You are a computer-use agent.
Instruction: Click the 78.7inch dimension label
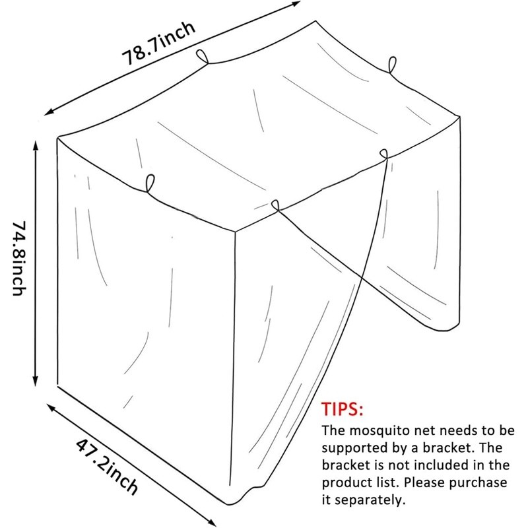pyautogui.click(x=159, y=45)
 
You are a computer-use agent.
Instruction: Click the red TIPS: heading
pyautogui.click(x=343, y=409)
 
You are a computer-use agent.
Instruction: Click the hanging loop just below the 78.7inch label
pyautogui.click(x=203, y=57)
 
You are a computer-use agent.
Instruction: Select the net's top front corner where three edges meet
pyautogui.click(x=236, y=230)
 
